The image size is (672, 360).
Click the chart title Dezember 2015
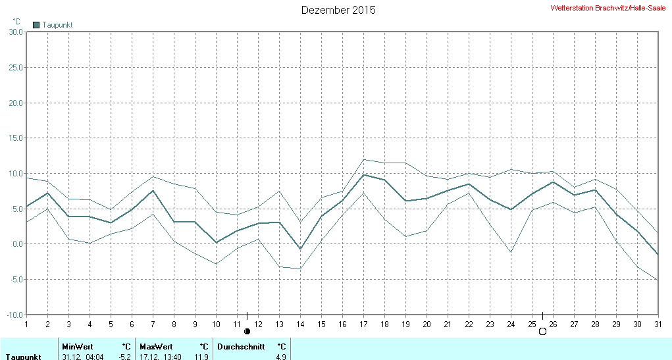(338, 10)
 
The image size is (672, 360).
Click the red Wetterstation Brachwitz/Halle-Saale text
(607, 8)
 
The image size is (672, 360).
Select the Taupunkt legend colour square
(36, 25)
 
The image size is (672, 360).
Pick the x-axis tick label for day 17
(363, 324)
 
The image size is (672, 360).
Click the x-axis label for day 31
(658, 324)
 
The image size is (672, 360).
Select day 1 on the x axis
(26, 324)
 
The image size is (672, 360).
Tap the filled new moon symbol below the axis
(247, 331)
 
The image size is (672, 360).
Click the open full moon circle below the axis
(542, 331)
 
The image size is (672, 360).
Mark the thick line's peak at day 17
(363, 174)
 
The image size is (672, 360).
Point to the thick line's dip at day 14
(300, 249)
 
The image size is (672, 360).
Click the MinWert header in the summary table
(77, 347)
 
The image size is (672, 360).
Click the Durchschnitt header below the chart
(241, 347)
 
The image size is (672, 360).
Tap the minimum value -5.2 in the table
(124, 357)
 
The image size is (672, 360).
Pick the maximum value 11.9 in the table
(202, 357)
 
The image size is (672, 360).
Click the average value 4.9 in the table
(281, 357)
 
